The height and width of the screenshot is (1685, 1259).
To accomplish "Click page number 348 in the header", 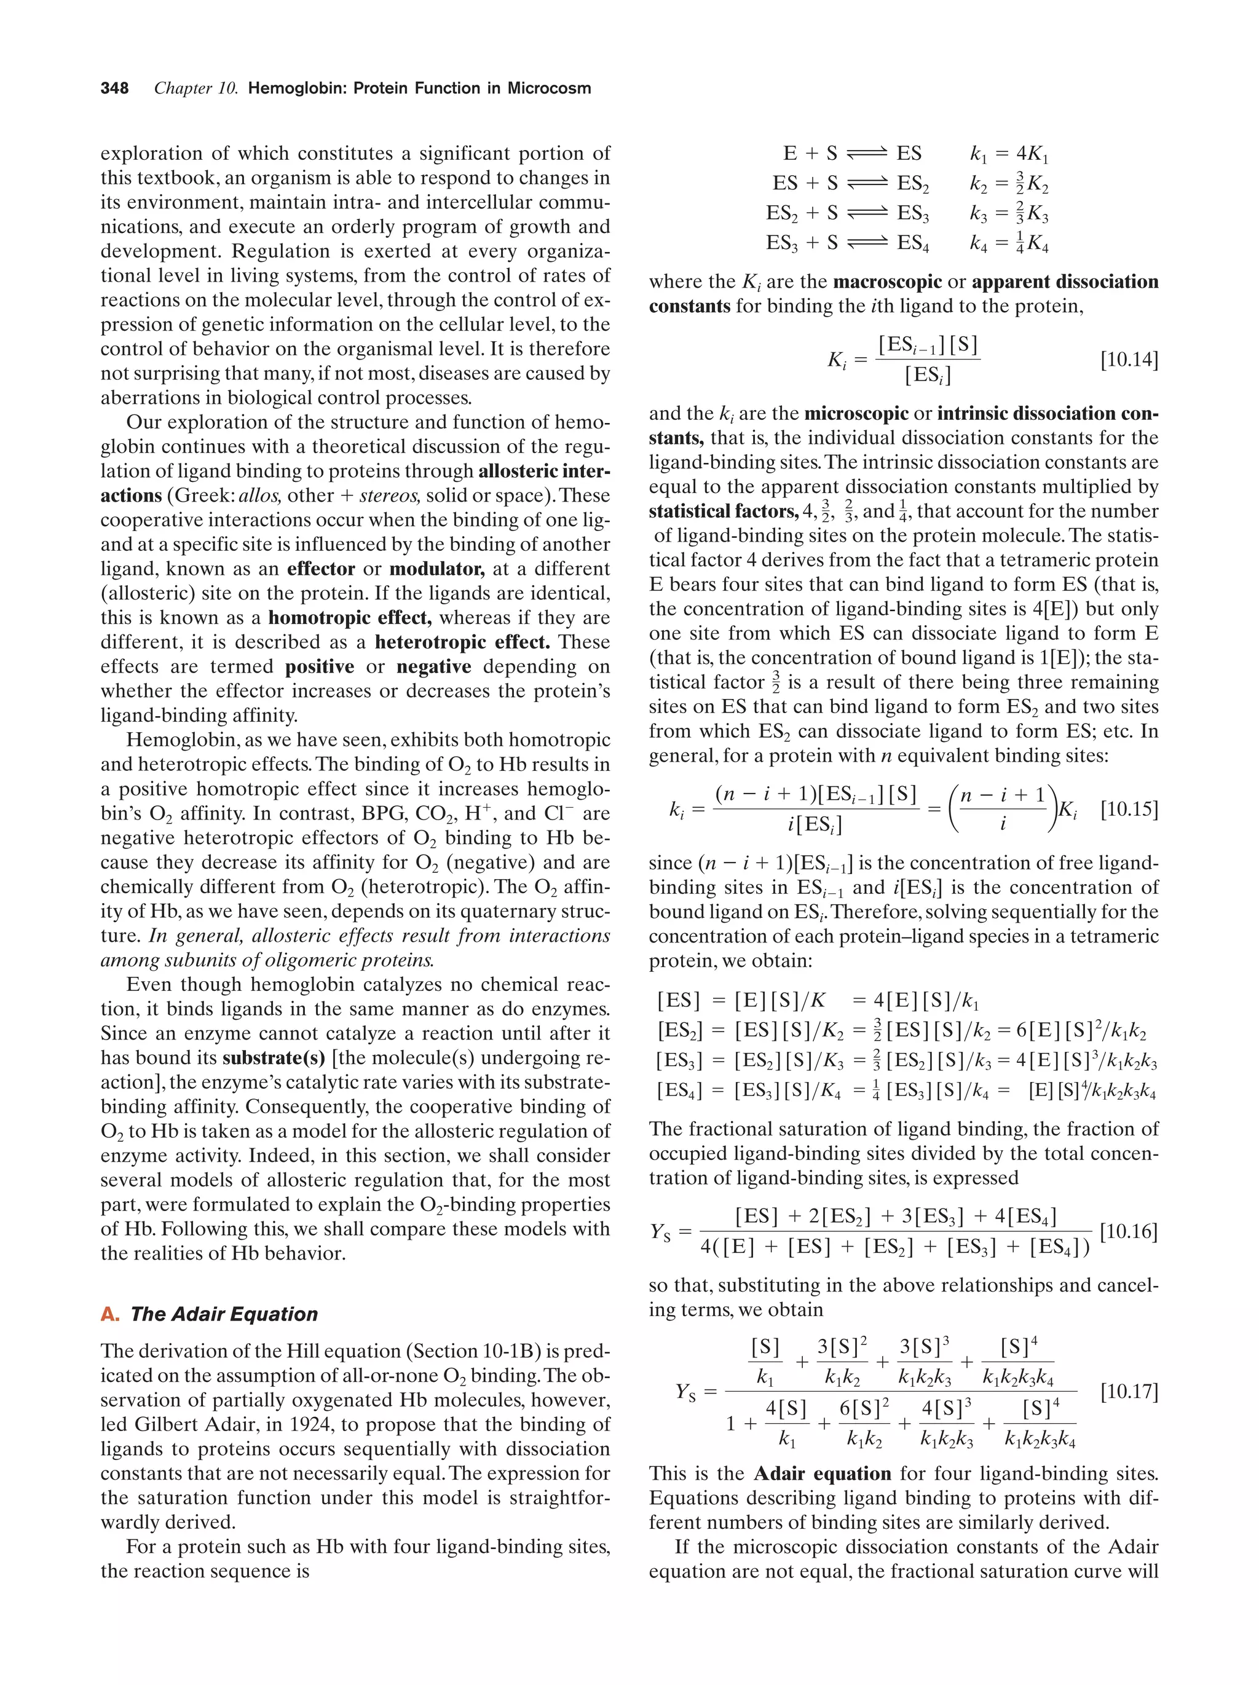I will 114,89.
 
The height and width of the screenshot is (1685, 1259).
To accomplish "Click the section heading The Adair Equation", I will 223,1314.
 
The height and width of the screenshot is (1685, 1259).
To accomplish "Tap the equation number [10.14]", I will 1129,360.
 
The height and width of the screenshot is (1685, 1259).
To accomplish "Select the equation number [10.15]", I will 1129,809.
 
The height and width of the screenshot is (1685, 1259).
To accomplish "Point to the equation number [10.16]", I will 1129,1232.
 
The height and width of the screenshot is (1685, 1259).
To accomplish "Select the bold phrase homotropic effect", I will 350,618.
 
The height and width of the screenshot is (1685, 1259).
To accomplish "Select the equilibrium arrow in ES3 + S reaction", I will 867,244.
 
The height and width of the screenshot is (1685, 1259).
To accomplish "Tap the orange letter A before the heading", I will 108,1314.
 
